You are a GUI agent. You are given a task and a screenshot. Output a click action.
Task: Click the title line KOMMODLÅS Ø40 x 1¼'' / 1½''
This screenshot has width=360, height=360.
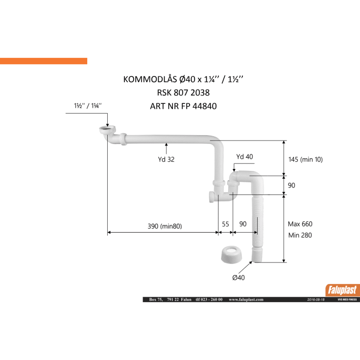pos(183,79)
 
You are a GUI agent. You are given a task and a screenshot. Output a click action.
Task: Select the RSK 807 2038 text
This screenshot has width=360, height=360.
pos(183,93)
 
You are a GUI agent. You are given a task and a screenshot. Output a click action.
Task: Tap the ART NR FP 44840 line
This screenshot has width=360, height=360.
pos(183,106)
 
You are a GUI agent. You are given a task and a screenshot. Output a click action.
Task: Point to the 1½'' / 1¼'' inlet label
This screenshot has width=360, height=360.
pos(88,106)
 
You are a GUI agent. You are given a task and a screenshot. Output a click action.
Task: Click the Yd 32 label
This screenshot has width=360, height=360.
pos(166,159)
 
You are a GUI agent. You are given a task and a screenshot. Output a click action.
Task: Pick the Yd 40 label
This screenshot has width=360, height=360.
pos(244,157)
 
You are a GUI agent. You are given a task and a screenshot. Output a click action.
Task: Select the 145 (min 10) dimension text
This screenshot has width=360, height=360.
pos(305,159)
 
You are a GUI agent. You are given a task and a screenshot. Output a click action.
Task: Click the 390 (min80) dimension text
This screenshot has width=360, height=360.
pos(165,226)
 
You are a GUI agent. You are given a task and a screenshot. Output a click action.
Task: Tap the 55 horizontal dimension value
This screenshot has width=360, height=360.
pos(225,224)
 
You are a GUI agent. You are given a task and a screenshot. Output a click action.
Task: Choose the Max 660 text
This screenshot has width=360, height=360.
pos(300,224)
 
